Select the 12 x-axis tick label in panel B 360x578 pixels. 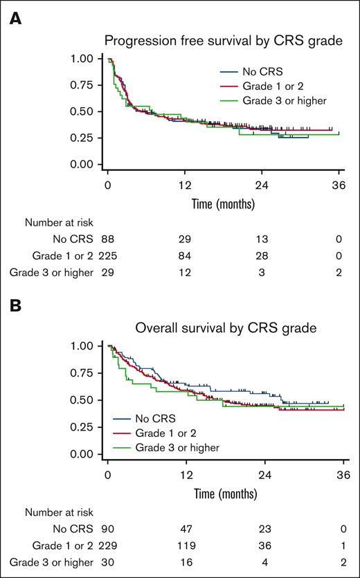184,476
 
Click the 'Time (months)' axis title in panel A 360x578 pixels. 223,204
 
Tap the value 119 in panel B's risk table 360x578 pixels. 184,544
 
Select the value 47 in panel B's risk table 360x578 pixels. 184,527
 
